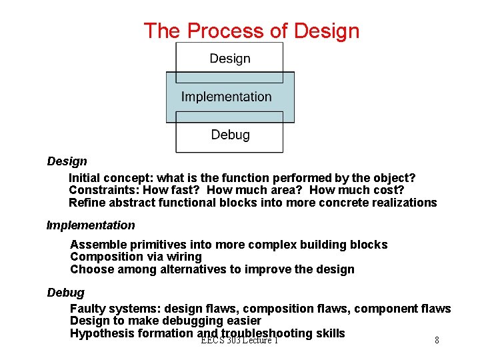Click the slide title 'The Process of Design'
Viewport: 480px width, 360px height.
pos(251,31)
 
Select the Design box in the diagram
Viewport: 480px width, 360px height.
pos(229,59)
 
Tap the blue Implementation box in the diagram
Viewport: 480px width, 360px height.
pos(227,97)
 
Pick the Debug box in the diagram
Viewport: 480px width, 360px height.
pos(230,135)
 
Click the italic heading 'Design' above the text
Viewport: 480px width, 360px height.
pos(67,161)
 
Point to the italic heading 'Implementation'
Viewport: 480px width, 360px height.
pos(91,225)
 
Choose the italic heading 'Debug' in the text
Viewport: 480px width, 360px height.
pos(65,293)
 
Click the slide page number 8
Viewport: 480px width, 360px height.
pos(437,341)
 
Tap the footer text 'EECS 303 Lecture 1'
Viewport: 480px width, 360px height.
pos(239,341)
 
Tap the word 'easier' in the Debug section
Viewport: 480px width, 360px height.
pos(243,321)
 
